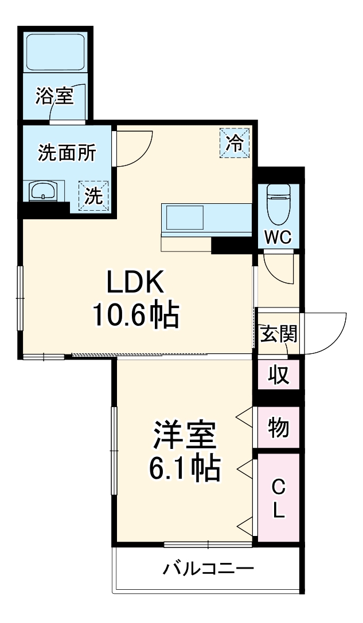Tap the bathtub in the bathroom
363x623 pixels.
pos(56,52)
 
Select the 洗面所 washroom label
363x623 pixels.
pos(67,153)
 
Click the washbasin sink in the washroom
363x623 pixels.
pos(44,191)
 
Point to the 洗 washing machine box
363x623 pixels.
pos(93,196)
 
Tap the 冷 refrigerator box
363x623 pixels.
pos(235,143)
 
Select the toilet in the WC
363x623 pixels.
pos(278,205)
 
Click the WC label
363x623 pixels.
pos(278,236)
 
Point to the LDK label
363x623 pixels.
pos(136,282)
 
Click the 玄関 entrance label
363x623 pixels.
pos(279,333)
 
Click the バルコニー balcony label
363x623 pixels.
pos(208,569)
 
